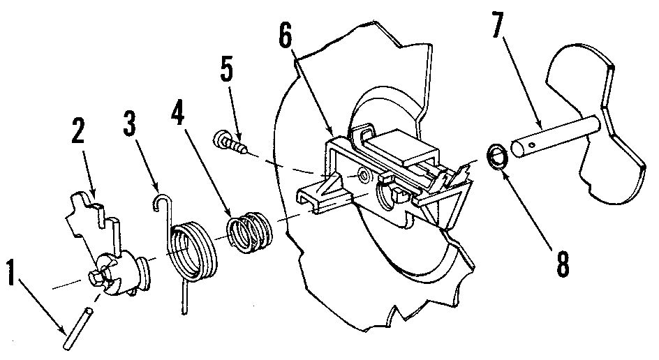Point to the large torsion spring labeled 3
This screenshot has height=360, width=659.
click(193, 250)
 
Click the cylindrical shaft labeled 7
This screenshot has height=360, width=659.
click(555, 137)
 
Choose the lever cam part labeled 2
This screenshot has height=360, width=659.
click(108, 251)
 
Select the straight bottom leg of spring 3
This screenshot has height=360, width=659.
click(184, 298)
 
